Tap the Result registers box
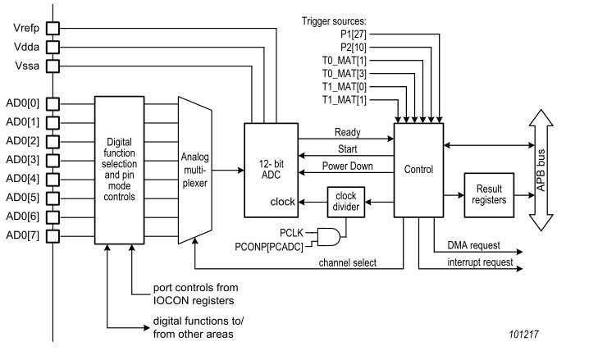tap(489, 194)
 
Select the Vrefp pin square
tap(52, 28)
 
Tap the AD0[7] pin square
tap(52, 237)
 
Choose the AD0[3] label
tap(22, 160)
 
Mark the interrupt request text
tap(481, 262)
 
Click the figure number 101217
tap(522, 334)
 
